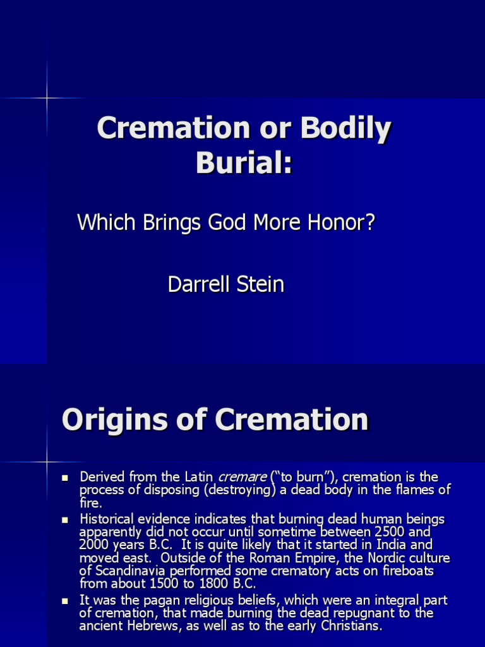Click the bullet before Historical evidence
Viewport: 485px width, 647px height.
[64, 519]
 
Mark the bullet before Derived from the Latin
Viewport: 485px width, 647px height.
[64, 477]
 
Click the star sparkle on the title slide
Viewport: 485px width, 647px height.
[47, 98]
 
